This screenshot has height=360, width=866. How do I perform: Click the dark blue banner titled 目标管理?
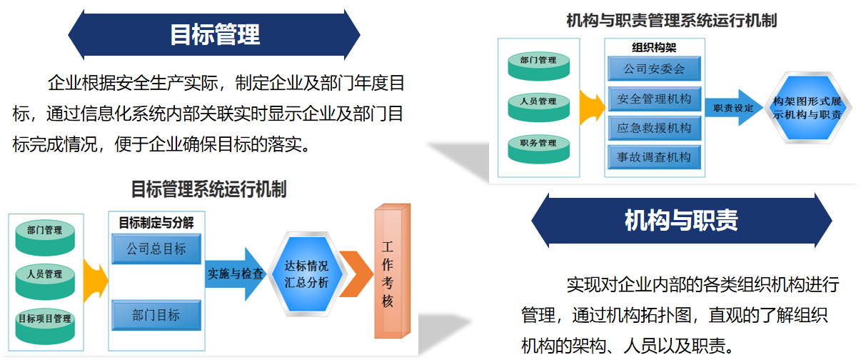(x=213, y=35)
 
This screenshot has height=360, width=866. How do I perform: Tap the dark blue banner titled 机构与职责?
(x=681, y=221)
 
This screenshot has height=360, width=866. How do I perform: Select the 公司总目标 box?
(x=156, y=249)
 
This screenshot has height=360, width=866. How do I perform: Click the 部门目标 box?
(x=156, y=315)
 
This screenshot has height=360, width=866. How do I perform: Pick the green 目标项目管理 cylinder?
(x=45, y=326)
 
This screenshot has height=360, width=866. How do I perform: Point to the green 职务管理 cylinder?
(x=538, y=149)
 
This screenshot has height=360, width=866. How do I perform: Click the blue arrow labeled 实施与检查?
(x=236, y=274)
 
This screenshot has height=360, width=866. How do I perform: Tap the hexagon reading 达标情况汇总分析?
(x=306, y=274)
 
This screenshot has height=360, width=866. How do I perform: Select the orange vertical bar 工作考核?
(x=392, y=271)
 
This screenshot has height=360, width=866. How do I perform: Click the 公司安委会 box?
(x=654, y=69)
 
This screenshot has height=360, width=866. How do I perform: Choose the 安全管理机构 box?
(x=654, y=99)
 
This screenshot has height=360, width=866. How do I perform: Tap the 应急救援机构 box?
(x=654, y=128)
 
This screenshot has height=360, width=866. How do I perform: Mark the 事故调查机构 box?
(x=654, y=157)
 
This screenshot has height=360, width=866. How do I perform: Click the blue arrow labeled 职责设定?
(x=733, y=108)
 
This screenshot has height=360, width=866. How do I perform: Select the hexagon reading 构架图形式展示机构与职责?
(x=807, y=108)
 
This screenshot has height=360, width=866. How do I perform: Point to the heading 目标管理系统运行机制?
(x=208, y=189)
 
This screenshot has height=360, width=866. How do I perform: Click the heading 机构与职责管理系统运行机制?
(x=672, y=21)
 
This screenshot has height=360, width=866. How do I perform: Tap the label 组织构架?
(x=654, y=48)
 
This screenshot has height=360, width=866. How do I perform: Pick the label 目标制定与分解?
(x=156, y=223)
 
